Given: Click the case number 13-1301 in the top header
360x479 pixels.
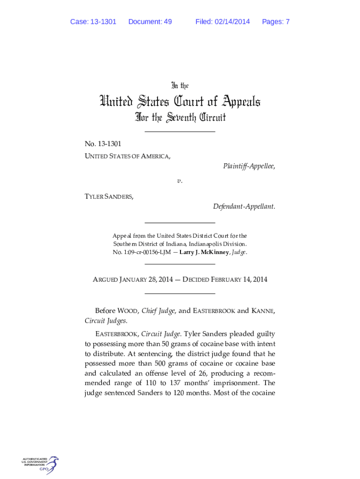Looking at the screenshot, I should (x=104, y=22).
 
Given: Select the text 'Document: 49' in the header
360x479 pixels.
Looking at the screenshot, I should (x=150, y=22).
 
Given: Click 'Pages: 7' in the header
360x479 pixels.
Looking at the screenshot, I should (x=276, y=22).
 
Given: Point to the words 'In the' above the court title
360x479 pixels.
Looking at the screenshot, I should (x=180, y=86).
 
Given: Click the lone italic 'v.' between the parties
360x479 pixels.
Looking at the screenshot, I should (x=180, y=181).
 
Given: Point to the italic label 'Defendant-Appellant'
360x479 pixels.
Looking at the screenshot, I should (x=244, y=206).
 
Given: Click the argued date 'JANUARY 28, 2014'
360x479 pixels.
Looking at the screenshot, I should (x=146, y=280).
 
